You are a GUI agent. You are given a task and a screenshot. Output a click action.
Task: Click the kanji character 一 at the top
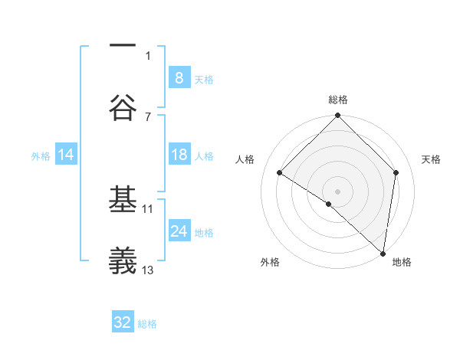tap(123, 47)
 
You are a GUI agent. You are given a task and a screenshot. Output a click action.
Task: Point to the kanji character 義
tap(123, 261)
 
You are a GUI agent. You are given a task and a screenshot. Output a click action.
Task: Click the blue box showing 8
tap(179, 77)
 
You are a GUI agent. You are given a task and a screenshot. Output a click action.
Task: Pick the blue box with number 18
tap(179, 155)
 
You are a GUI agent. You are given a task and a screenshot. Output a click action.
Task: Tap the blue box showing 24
tap(179, 231)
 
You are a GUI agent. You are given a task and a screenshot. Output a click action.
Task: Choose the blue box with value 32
tap(123, 322)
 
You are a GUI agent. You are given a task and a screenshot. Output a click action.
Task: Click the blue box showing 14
tap(66, 155)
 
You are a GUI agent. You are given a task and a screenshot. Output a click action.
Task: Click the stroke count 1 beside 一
tap(148, 55)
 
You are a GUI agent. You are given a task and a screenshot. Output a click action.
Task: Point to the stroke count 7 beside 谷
tap(148, 116)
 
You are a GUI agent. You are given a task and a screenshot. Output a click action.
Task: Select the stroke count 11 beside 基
tap(148, 208)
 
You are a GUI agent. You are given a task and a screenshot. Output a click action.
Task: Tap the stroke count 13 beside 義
tap(148, 270)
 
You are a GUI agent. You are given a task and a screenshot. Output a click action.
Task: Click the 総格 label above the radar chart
tap(338, 100)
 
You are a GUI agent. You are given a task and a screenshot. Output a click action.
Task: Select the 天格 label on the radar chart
tap(432, 159)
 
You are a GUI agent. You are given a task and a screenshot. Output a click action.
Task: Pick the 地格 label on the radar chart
tap(402, 262)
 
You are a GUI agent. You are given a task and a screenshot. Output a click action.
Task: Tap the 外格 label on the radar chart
tap(270, 262)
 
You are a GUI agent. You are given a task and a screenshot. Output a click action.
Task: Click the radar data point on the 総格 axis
tap(338, 116)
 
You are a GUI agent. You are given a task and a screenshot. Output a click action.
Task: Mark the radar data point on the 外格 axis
tap(329, 204)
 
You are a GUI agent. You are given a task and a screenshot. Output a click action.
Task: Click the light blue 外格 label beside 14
tap(41, 155)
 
